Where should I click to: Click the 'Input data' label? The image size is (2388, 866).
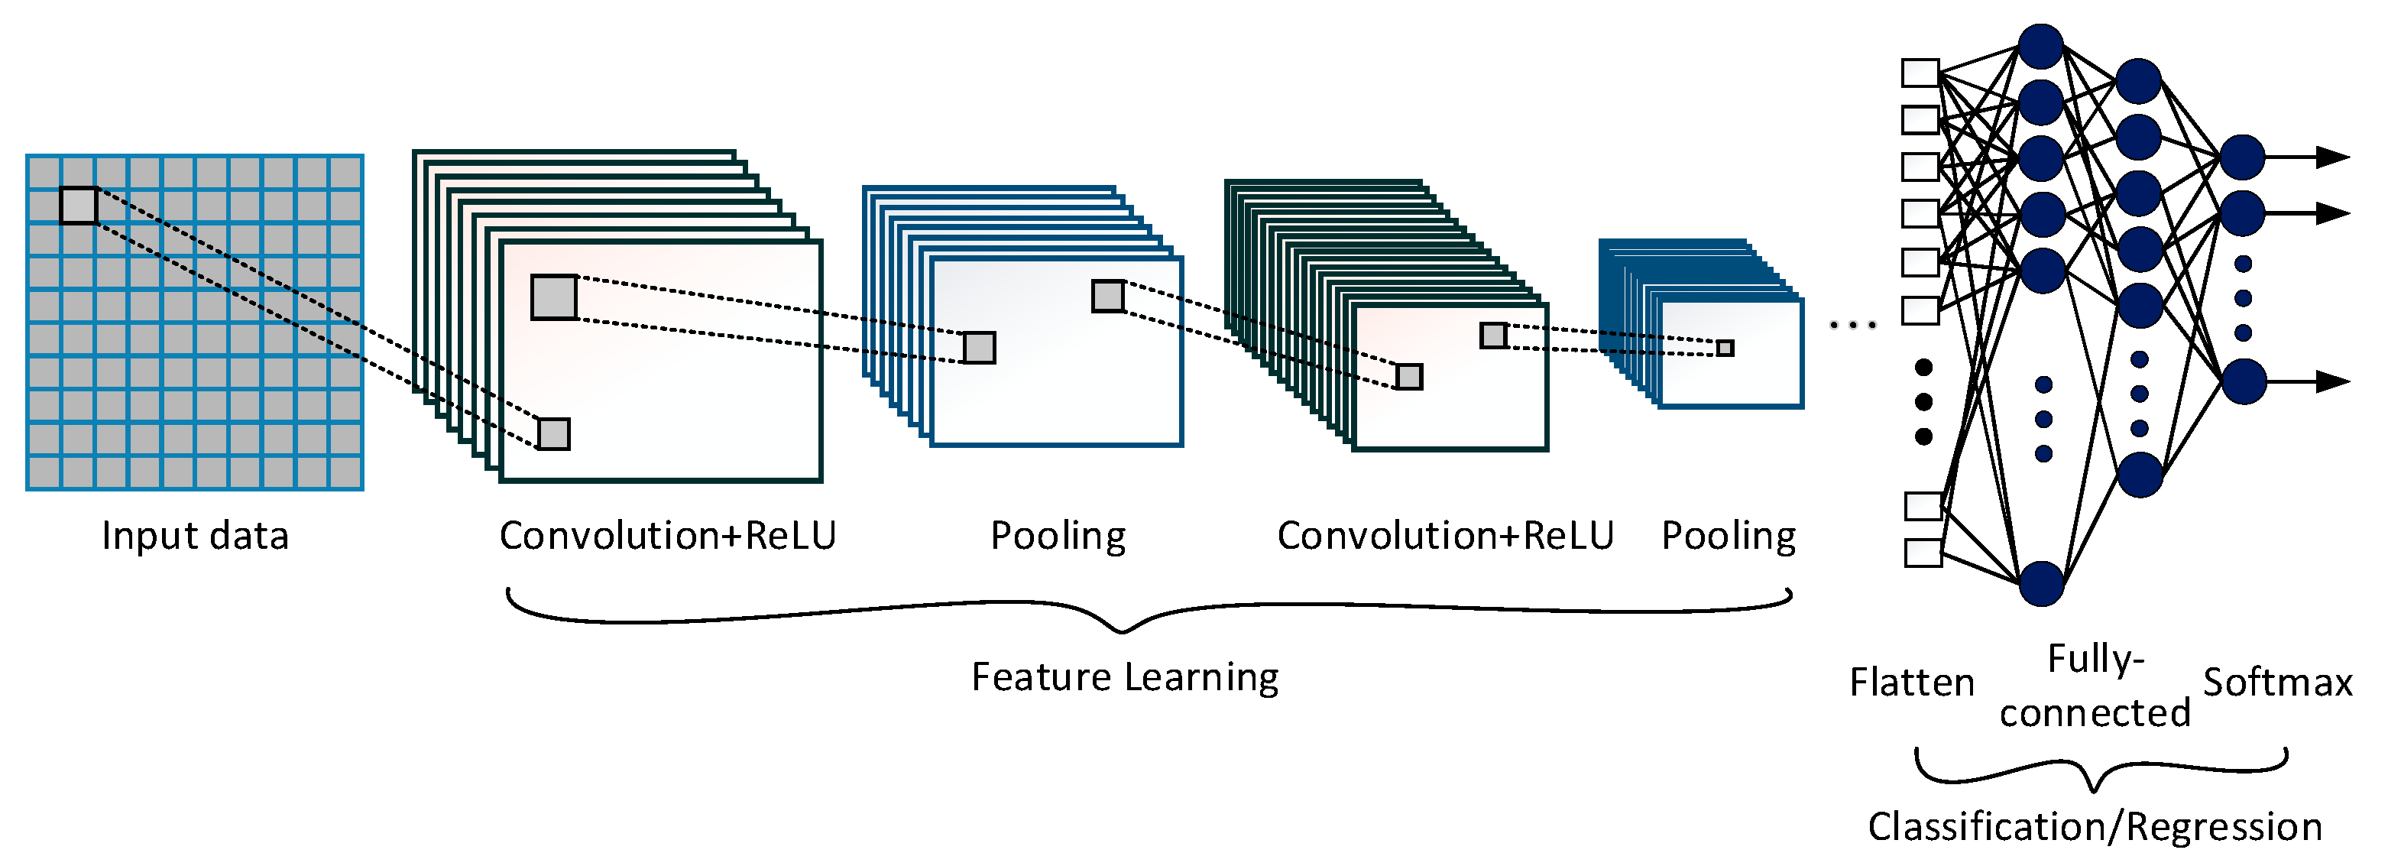pos(196,536)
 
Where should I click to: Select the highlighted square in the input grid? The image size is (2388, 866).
pos(79,206)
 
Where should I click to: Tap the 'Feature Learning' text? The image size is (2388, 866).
pos(1125,678)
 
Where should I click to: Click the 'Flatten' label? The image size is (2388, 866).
pos(1911,683)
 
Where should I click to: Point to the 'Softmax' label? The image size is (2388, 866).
pos(2278,683)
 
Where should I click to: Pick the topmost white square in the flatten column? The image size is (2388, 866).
pos(1920,73)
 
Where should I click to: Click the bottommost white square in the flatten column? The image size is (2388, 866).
pos(1923,553)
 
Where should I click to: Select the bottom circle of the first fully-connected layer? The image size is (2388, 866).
pos(2041,583)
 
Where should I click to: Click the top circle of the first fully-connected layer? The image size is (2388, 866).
pos(2041,47)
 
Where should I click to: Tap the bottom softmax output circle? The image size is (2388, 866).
pos(2244,381)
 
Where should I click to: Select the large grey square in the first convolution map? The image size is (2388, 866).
pos(554,297)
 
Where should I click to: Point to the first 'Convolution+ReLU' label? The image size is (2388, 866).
pos(667,536)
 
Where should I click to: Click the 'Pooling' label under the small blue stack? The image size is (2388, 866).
pos(1728,537)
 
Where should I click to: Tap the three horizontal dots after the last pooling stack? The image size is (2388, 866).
pos(1853,326)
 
